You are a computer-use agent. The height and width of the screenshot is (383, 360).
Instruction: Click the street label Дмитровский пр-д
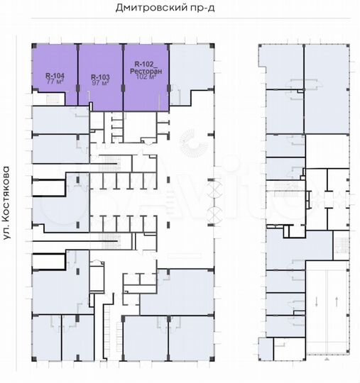(165, 8)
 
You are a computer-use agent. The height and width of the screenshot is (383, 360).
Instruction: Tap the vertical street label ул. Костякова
(6, 203)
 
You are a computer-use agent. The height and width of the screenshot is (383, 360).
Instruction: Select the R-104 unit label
(55, 76)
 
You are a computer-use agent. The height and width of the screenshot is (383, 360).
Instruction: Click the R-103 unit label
(100, 77)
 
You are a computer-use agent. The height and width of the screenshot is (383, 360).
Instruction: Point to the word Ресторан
(146, 71)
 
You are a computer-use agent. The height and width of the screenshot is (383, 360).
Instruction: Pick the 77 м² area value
(55, 82)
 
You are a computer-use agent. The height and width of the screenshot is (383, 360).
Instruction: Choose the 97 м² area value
(100, 83)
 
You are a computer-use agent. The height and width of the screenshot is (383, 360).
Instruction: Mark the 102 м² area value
(146, 77)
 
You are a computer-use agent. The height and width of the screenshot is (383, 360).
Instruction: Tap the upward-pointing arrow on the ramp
(337, 302)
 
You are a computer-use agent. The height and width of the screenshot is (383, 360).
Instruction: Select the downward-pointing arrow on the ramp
(317, 302)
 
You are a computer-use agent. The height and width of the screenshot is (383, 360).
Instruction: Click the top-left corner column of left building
(34, 46)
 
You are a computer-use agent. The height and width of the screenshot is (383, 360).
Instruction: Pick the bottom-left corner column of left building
(34, 359)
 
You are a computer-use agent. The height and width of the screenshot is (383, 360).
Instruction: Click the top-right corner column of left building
(212, 46)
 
